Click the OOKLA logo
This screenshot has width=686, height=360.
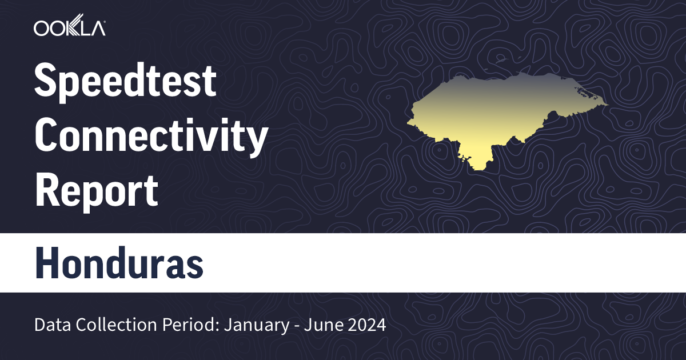tap(69, 28)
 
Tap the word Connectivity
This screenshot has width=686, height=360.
tap(151, 136)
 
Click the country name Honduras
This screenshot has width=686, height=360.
tap(119, 263)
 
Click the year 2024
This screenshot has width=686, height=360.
tap(366, 326)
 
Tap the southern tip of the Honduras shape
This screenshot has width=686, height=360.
tap(479, 167)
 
